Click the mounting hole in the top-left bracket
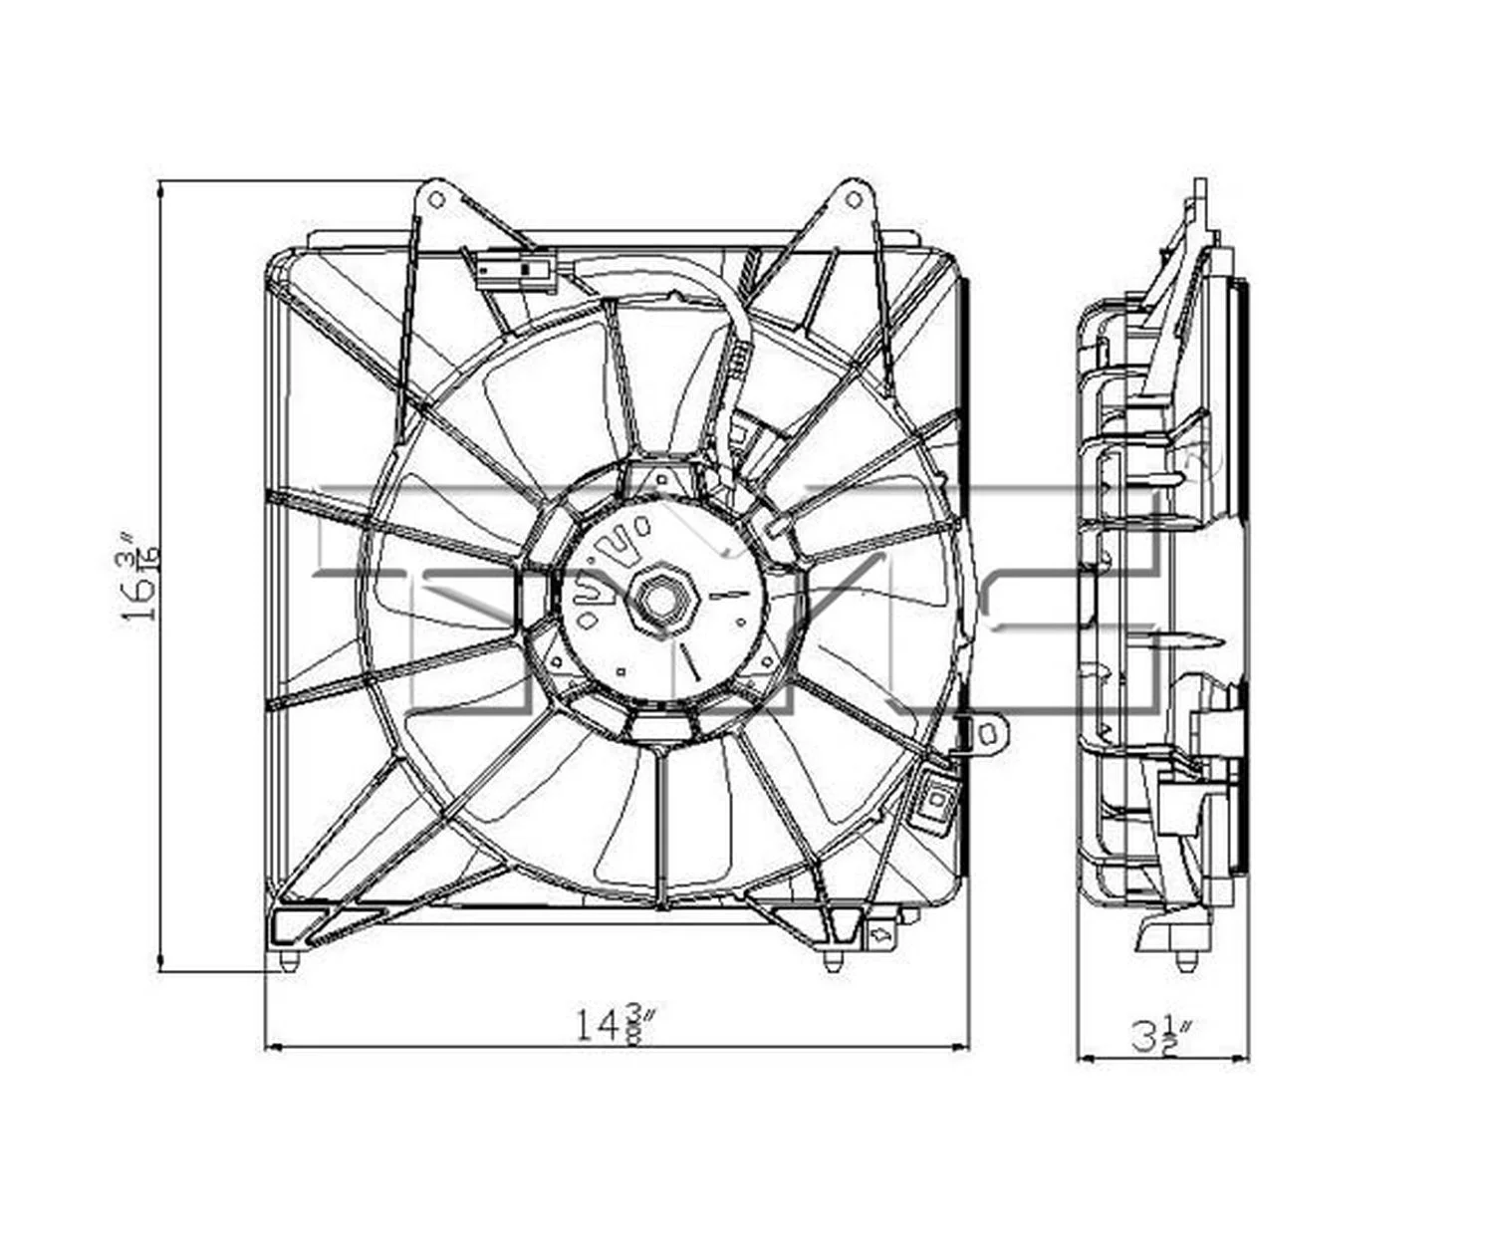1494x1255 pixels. click(435, 199)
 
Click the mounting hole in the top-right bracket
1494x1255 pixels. click(853, 199)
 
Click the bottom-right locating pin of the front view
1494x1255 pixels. click(832, 960)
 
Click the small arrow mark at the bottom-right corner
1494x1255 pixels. click(880, 935)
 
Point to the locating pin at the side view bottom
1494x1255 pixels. click(1185, 962)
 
